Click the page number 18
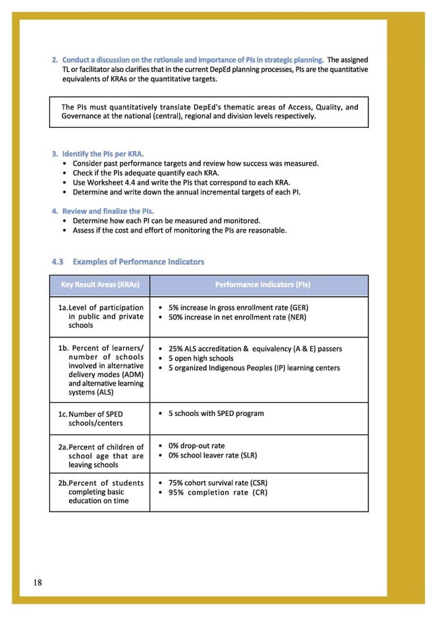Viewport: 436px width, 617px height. (x=37, y=582)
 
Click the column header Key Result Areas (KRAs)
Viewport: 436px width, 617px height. (x=100, y=284)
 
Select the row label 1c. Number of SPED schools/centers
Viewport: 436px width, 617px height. (x=96, y=419)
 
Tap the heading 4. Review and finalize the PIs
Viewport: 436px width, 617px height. (x=103, y=210)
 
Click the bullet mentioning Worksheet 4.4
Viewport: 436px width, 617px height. (x=181, y=183)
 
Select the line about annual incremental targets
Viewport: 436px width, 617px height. (x=186, y=192)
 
